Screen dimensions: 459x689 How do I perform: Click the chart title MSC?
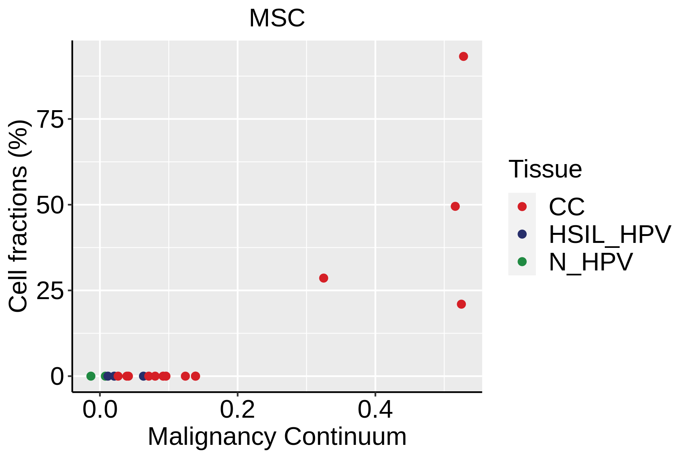(x=277, y=18)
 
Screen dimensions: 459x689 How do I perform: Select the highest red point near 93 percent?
(x=463, y=57)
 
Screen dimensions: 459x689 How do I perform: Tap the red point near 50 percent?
(x=455, y=206)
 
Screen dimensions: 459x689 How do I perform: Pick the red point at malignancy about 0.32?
(x=323, y=278)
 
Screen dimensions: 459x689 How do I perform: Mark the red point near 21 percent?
(x=461, y=304)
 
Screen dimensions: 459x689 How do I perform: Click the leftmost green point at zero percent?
(x=91, y=376)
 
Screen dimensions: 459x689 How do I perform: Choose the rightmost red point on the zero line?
(x=195, y=376)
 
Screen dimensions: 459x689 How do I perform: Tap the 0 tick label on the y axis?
(x=57, y=377)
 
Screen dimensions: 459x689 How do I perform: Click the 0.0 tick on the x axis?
(x=100, y=410)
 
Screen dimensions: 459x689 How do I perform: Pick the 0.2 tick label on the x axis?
(x=237, y=410)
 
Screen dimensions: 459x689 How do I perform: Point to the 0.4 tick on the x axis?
(x=375, y=410)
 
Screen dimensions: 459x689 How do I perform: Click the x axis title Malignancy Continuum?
(x=277, y=436)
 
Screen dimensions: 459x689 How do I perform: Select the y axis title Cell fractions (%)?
(x=18, y=216)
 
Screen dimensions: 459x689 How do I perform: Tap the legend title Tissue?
(x=545, y=169)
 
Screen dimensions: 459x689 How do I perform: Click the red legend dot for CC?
(x=522, y=207)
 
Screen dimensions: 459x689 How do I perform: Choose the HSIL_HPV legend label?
(x=610, y=234)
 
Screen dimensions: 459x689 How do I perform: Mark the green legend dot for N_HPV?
(x=522, y=262)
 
